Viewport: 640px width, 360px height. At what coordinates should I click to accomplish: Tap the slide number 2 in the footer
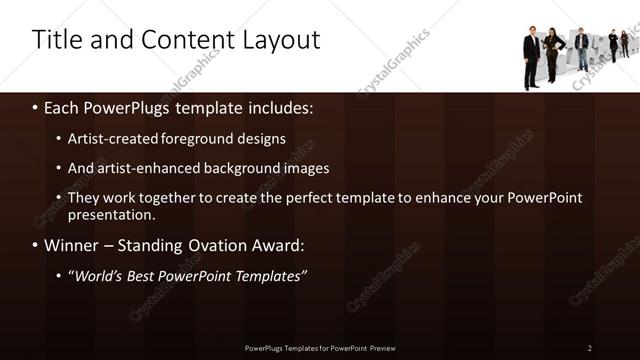[x=590, y=347]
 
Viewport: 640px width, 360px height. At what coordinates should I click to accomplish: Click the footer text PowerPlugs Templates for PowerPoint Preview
[x=320, y=347]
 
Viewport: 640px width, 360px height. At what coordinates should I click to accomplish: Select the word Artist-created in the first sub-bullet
[x=113, y=139]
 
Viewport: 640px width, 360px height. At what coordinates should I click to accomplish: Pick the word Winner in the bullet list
[x=72, y=244]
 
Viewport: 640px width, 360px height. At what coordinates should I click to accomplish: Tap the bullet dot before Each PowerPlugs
[x=36, y=105]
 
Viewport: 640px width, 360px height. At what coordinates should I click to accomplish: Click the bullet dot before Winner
[x=36, y=245]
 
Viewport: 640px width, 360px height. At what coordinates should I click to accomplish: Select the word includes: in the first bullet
[x=282, y=104]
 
